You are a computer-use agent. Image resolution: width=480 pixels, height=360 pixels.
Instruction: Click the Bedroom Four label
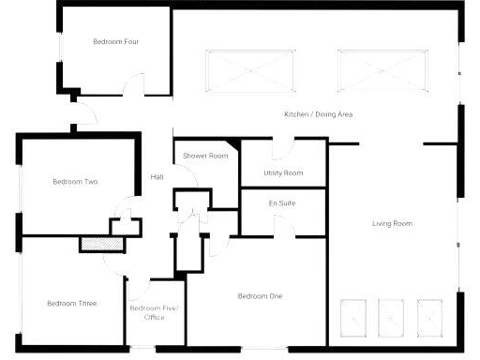click(115, 42)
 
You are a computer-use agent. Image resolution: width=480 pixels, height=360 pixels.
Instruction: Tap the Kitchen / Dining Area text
click(318, 114)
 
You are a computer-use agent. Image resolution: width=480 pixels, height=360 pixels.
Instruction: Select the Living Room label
click(392, 223)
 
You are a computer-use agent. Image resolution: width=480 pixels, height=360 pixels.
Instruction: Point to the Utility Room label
click(283, 172)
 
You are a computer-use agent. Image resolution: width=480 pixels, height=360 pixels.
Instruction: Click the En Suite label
click(282, 202)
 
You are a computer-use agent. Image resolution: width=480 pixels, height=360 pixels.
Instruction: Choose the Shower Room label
click(205, 156)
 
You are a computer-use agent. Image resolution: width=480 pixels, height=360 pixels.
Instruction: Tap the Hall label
click(157, 177)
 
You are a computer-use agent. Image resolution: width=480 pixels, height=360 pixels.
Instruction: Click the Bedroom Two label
click(75, 181)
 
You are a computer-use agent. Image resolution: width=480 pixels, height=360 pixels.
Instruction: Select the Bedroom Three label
click(72, 303)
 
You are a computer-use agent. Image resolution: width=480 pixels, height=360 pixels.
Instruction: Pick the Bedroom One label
click(260, 296)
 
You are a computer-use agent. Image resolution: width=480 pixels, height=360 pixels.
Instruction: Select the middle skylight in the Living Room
click(390, 317)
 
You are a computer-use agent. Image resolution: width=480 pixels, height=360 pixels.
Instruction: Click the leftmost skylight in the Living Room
click(352, 317)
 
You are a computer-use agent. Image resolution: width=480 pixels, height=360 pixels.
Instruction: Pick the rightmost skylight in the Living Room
click(428, 317)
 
